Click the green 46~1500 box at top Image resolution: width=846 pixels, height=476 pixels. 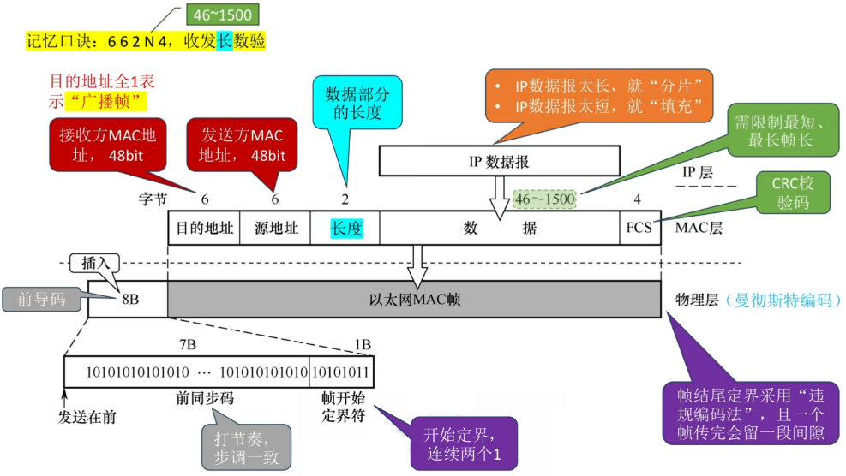click(x=222, y=15)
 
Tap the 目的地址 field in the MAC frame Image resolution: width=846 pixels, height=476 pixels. click(x=204, y=229)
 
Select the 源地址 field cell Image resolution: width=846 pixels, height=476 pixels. click(x=276, y=229)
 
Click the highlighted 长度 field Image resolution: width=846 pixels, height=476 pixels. click(x=347, y=229)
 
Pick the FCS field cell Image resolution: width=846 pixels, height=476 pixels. click(x=639, y=229)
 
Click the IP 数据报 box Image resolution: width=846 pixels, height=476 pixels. click(x=498, y=160)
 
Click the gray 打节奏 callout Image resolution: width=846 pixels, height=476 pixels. click(x=247, y=447)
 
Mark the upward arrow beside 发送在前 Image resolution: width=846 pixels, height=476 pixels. click(x=64, y=396)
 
